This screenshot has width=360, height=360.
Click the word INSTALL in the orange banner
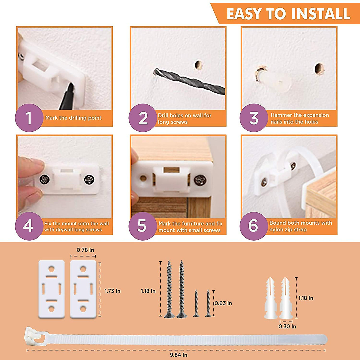point(320,14)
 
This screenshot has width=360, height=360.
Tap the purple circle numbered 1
point(29,118)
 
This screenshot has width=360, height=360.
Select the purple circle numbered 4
point(28,226)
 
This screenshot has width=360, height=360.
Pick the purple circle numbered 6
point(253,226)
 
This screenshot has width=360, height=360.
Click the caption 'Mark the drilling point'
point(73,118)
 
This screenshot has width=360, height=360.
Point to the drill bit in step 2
point(189,80)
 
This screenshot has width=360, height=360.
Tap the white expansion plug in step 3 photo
point(279,82)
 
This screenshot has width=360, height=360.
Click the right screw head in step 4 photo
point(89,180)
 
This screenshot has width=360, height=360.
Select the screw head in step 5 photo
point(200,180)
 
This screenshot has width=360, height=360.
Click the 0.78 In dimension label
point(85,250)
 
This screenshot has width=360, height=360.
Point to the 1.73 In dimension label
point(112,291)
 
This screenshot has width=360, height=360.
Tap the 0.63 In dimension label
point(223,303)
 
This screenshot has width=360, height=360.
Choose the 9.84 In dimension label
point(178,355)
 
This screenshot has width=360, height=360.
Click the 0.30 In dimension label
point(287,326)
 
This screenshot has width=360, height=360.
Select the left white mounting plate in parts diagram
point(52,289)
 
